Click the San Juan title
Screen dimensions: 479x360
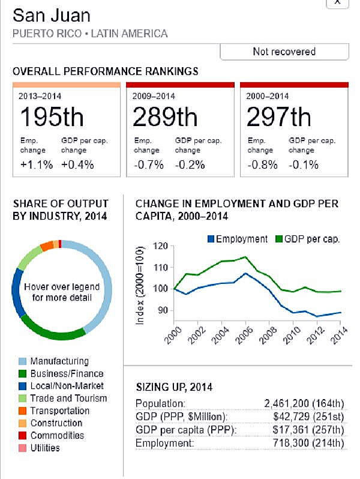point(53,15)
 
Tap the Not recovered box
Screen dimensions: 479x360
point(284,52)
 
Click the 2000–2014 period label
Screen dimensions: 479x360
point(268,95)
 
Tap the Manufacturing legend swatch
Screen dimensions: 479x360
point(22,361)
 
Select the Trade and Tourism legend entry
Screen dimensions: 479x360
point(68,399)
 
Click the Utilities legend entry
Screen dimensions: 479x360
point(45,448)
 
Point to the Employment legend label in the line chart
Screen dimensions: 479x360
point(241,239)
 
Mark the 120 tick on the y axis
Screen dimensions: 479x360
point(160,246)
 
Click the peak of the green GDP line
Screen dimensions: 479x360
point(245,257)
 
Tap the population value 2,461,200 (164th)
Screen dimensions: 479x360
point(304,403)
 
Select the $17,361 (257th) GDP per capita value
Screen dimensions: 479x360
point(309,430)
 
